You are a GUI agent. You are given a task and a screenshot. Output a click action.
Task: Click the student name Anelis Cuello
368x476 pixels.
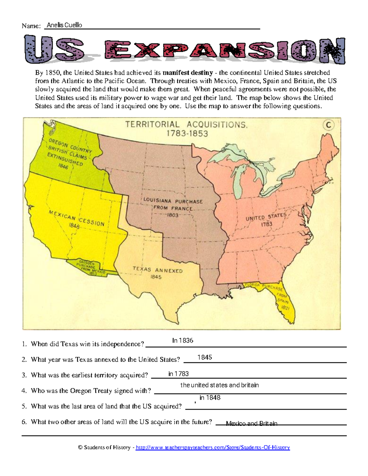[x=64, y=25]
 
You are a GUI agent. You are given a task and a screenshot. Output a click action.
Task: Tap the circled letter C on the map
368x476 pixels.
[x=328, y=125]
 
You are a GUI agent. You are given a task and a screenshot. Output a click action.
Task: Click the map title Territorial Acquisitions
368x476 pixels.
[x=186, y=124]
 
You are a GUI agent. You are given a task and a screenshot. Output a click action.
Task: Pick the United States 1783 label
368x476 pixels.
[x=266, y=220]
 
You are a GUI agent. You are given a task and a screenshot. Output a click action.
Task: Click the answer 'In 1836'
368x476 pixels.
[x=182, y=341]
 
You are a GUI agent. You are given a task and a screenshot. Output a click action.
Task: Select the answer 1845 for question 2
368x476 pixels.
[x=205, y=357]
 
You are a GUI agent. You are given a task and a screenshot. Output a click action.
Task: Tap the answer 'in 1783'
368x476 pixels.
[x=178, y=374]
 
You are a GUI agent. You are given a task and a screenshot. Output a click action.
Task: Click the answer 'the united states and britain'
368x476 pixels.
[x=220, y=385]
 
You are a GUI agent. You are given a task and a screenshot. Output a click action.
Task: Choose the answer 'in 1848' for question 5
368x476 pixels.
[x=210, y=398]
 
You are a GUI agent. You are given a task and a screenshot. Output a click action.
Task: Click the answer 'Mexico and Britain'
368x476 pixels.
[x=251, y=423]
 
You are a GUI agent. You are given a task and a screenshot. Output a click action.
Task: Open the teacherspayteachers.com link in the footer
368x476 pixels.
[x=213, y=447]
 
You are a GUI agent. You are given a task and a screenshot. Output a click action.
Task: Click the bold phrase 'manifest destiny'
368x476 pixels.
[x=188, y=73]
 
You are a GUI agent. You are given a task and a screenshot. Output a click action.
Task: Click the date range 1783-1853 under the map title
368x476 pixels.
[x=187, y=133]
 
